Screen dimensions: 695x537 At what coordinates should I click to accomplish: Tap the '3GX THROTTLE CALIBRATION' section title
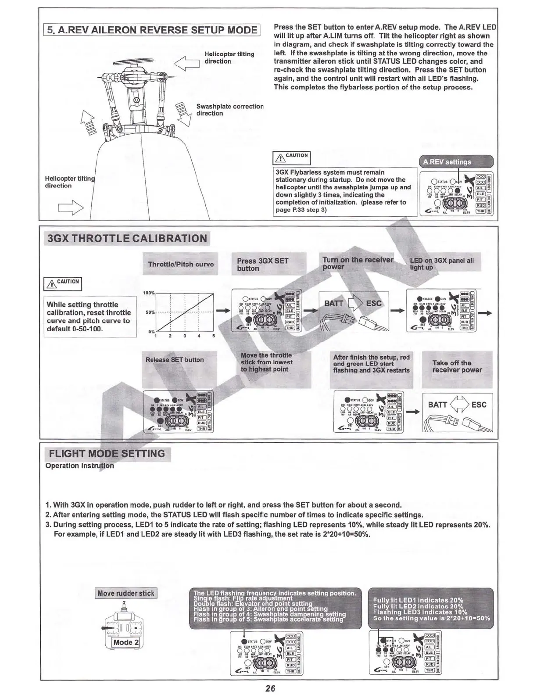(x=127, y=239)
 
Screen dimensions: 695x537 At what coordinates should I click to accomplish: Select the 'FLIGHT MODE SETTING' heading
(x=107, y=454)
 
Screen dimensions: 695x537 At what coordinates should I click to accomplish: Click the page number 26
(x=270, y=688)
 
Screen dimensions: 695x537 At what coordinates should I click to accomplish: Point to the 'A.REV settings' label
(x=447, y=162)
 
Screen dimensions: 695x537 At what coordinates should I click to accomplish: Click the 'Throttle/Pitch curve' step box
(x=180, y=264)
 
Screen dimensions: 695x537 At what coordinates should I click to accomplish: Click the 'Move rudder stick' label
(x=126, y=593)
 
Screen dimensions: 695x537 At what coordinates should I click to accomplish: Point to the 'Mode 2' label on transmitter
(x=126, y=642)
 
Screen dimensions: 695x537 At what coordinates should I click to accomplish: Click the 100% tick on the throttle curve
(x=149, y=293)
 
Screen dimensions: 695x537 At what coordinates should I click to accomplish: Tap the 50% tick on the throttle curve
(x=150, y=312)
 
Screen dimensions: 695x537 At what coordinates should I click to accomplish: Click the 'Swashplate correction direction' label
(x=229, y=110)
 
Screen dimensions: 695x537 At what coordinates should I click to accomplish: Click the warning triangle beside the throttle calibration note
(x=51, y=284)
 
